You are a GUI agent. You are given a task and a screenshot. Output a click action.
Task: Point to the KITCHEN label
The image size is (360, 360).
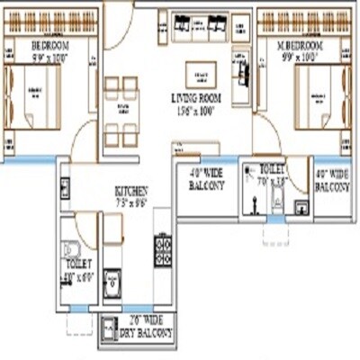[x=130, y=191]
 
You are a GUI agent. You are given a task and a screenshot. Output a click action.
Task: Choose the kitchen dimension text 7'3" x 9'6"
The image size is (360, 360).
[x=130, y=202]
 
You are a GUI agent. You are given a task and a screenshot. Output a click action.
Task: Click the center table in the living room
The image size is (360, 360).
[x=202, y=74]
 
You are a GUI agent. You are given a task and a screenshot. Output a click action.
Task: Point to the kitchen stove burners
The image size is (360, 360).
[x=164, y=249]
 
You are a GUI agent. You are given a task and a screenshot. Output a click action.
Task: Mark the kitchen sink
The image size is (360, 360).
[x=112, y=281]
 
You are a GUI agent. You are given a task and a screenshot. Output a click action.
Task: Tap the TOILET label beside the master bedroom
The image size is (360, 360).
[x=273, y=168]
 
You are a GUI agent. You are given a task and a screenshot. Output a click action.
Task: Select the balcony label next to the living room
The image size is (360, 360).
[x=207, y=179]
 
